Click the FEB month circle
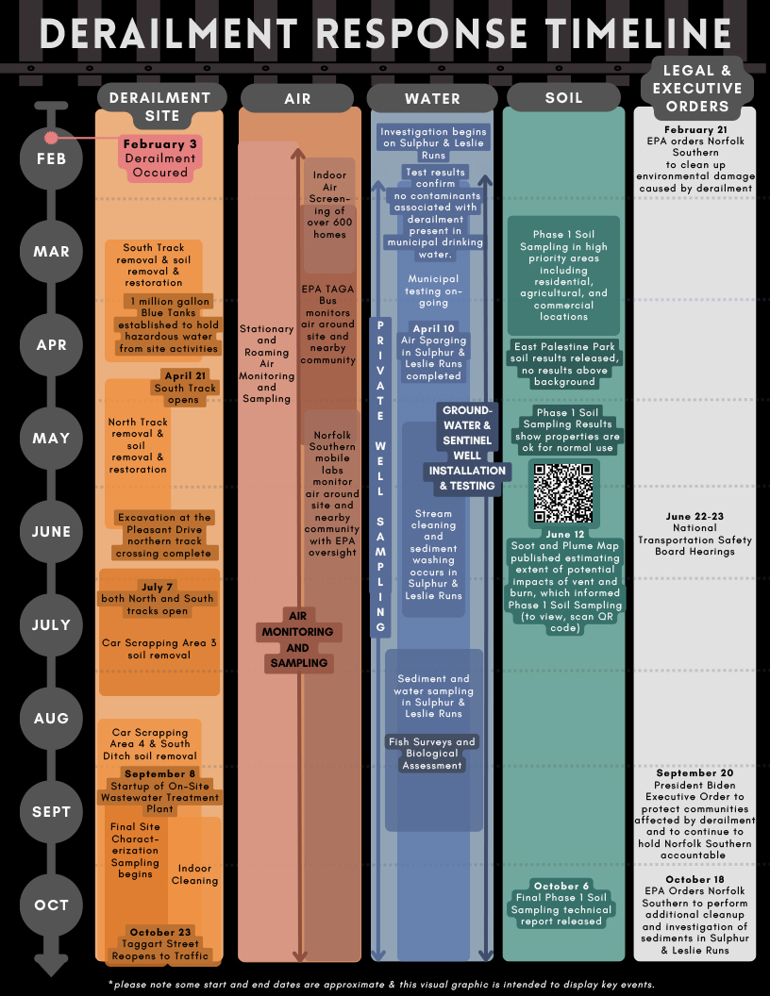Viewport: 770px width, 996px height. click(52, 158)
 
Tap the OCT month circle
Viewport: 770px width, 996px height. click(52, 905)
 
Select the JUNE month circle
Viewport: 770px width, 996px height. click(52, 532)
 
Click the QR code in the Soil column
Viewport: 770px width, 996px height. click(563, 493)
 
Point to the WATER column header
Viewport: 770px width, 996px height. click(432, 98)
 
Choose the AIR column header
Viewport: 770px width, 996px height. click(296, 98)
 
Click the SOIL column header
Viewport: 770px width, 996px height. click(563, 97)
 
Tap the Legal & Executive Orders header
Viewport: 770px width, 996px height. click(697, 89)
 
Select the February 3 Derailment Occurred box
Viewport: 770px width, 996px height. click(160, 158)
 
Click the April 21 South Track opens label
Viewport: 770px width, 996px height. click(186, 388)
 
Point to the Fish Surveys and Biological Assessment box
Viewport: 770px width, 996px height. click(432, 754)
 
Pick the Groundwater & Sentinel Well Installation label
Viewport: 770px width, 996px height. click(467, 448)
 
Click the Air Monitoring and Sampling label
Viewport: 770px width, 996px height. click(298, 639)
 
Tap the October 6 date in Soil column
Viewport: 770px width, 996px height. click(561, 886)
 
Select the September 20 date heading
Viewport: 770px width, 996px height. click(695, 773)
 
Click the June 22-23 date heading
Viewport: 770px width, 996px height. click(695, 517)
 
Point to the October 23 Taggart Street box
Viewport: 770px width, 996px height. click(160, 944)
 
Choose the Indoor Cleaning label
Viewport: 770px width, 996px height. click(194, 874)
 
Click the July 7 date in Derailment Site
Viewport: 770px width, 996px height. click(157, 587)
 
